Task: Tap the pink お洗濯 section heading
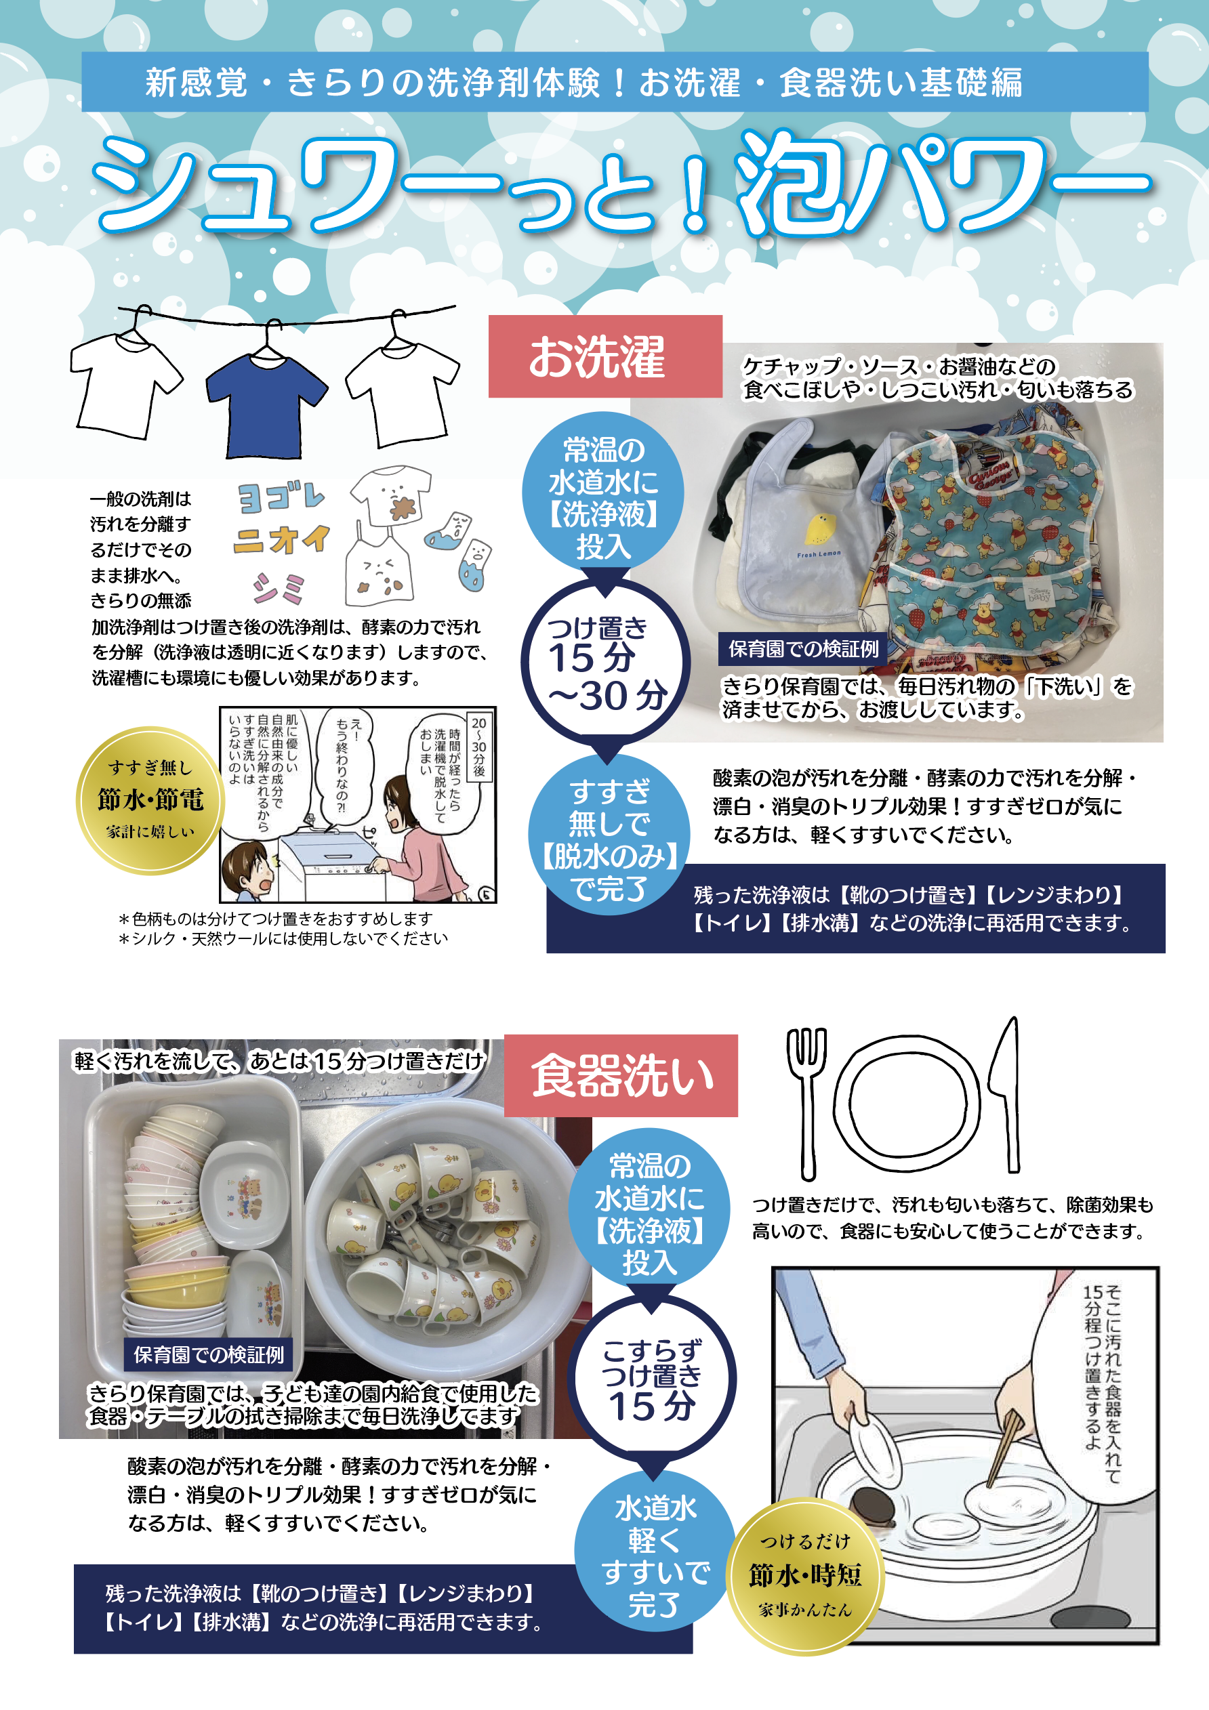point(605,356)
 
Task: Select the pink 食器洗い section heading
point(621,1075)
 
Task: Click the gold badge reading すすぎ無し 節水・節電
point(150,800)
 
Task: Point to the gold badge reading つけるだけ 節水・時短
point(804,1576)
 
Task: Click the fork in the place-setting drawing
point(806,1102)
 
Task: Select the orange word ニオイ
point(281,539)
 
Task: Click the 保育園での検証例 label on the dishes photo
point(209,1355)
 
